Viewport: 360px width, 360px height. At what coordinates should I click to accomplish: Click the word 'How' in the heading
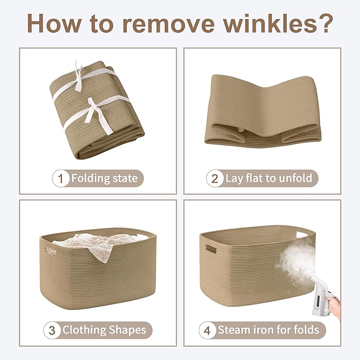[54, 23]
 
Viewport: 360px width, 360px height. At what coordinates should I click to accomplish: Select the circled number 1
[60, 178]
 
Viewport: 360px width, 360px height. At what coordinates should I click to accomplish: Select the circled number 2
[215, 178]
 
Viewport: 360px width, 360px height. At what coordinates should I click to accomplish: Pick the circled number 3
[52, 330]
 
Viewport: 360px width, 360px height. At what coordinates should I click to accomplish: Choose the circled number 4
[207, 330]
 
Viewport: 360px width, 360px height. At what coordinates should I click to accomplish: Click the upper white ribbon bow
[78, 77]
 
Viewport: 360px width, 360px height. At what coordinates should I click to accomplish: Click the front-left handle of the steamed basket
[211, 249]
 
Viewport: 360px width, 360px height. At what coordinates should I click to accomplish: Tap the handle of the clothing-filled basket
[51, 252]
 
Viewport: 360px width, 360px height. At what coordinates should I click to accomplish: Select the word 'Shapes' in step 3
[127, 330]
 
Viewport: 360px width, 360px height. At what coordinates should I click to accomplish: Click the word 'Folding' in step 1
[91, 179]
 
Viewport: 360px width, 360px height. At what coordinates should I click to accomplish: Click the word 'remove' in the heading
[168, 23]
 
